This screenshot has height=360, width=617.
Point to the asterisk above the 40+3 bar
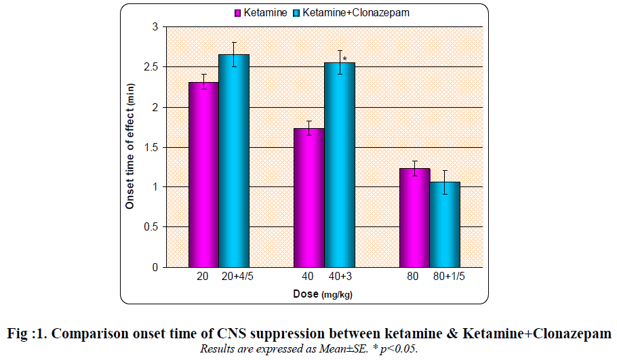pyautogui.click(x=345, y=60)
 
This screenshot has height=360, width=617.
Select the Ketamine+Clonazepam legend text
pyautogui.click(x=356, y=13)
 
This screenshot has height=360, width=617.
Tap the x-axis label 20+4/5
pyautogui.click(x=234, y=277)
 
